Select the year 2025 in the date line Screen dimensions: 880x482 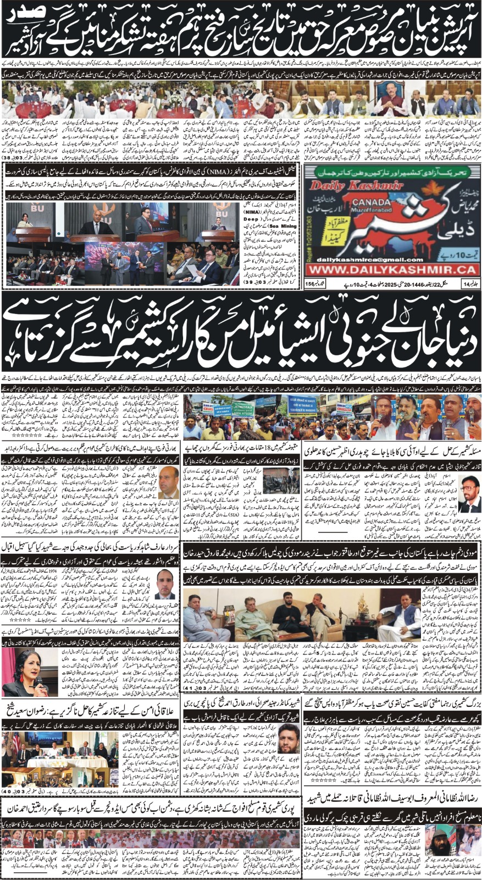pos(378,284)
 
